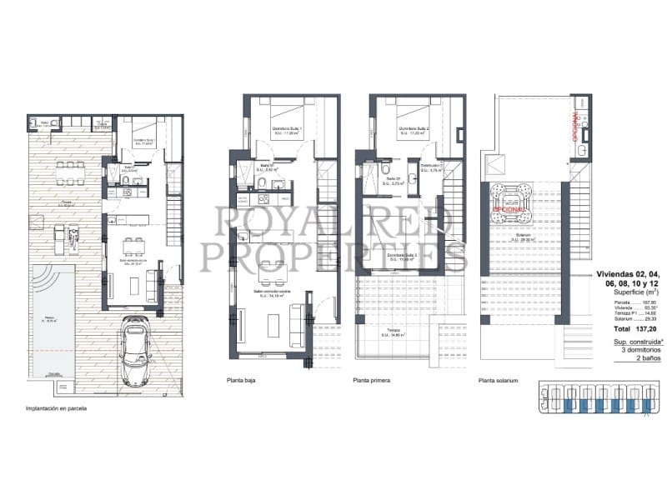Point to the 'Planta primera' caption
tap(372, 382)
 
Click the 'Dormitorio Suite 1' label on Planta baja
tap(286, 129)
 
